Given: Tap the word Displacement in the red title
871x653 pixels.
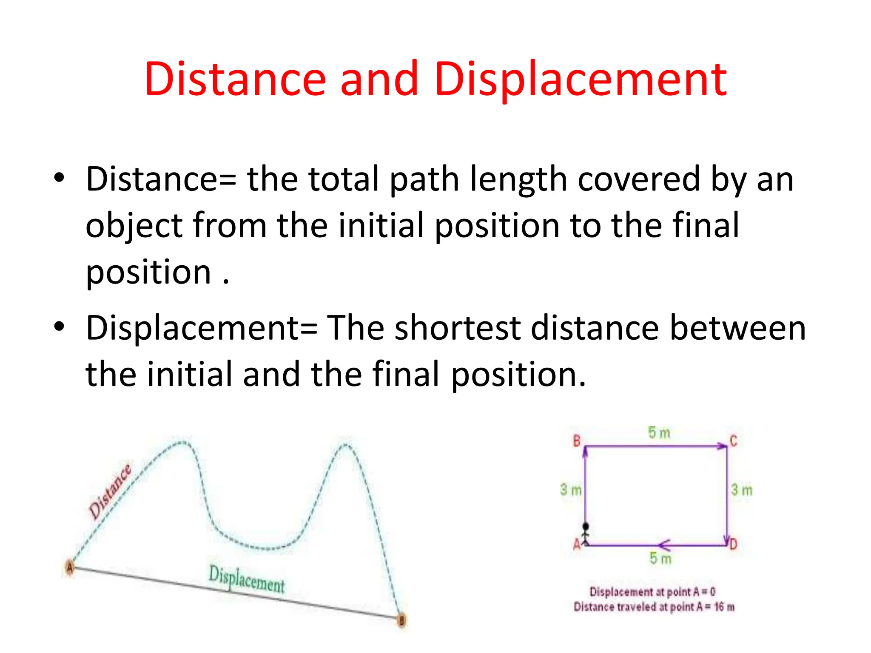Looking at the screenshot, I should click(x=581, y=79).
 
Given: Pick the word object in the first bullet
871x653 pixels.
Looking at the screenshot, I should click(x=134, y=226).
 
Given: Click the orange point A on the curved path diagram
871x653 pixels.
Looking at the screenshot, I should click(x=70, y=567).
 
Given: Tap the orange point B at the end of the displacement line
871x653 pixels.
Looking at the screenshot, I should click(x=401, y=620).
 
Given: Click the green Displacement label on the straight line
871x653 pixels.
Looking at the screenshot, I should click(x=247, y=579).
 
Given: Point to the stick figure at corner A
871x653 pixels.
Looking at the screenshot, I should click(x=586, y=534).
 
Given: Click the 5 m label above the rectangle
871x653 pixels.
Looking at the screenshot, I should click(x=659, y=433).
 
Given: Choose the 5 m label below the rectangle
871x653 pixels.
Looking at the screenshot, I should click(x=660, y=559).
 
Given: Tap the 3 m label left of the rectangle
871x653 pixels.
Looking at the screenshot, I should click(x=570, y=490).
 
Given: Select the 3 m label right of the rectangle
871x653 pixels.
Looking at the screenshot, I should click(x=742, y=490).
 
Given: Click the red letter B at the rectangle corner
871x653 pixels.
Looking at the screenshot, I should click(x=577, y=441).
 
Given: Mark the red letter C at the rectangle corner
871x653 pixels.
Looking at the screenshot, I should click(x=734, y=441).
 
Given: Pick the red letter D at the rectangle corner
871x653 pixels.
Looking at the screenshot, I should click(x=733, y=544).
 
